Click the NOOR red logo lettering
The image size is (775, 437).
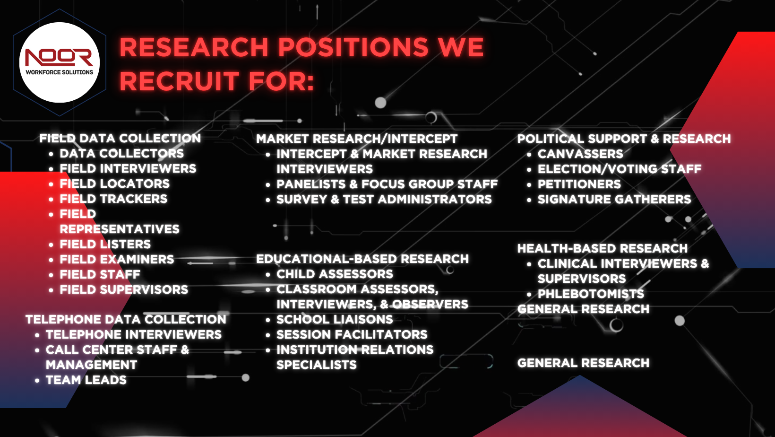click(59, 57)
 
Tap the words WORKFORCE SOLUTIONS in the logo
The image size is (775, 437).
click(60, 72)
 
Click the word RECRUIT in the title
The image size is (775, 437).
click(180, 81)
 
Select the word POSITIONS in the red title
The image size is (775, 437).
click(353, 47)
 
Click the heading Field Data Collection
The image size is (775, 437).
click(120, 138)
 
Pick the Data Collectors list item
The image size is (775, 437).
click(122, 153)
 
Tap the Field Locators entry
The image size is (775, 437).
click(114, 184)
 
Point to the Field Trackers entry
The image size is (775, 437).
click(113, 199)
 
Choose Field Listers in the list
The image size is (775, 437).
click(105, 244)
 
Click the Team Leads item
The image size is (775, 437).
click(86, 380)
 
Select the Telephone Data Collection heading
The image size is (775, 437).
click(126, 319)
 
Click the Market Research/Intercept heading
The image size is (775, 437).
click(357, 139)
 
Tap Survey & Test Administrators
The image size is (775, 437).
click(384, 199)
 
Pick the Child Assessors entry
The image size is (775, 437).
click(335, 274)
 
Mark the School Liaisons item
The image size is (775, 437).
click(335, 319)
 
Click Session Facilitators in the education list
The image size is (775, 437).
click(352, 334)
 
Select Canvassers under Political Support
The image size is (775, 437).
click(580, 154)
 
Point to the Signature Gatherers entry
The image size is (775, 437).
click(614, 199)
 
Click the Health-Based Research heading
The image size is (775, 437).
click(603, 248)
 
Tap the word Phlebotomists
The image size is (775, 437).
click(591, 294)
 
